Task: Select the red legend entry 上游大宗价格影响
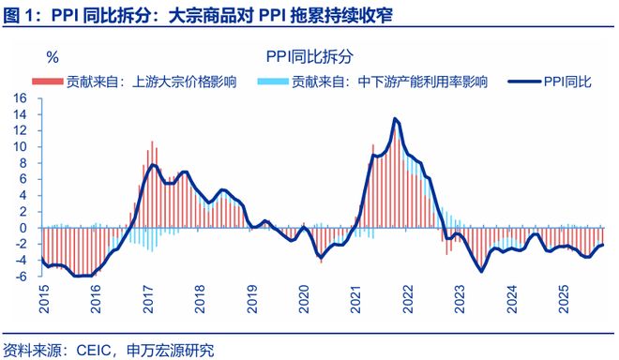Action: click(x=131, y=82)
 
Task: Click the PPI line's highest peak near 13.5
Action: click(x=396, y=119)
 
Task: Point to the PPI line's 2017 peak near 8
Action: click(x=153, y=165)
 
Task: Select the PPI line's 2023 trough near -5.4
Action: click(x=482, y=271)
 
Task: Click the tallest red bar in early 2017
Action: click(x=152, y=142)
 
